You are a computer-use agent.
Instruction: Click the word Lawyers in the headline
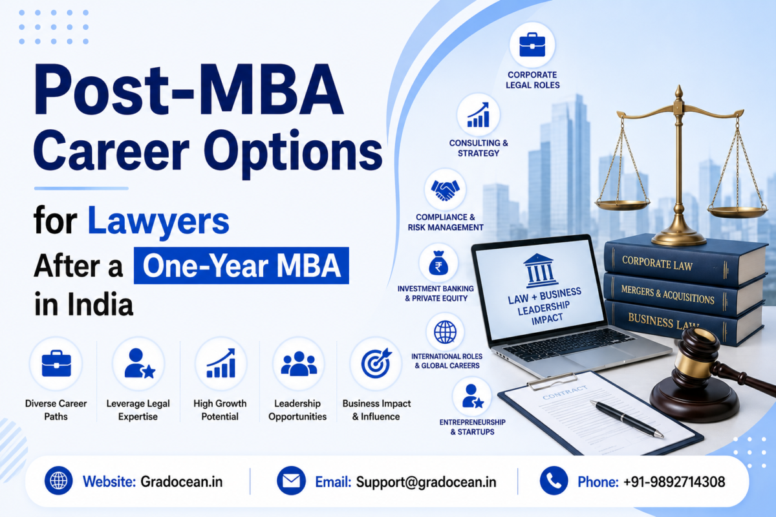tap(158, 222)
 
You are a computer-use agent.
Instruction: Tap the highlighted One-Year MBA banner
tap(241, 266)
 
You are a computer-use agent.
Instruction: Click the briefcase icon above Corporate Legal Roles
tap(532, 45)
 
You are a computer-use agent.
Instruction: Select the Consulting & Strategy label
tap(479, 148)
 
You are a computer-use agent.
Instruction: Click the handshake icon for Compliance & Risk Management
tap(445, 190)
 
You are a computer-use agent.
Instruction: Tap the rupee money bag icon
tap(438, 263)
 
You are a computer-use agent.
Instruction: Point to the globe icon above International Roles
tap(445, 332)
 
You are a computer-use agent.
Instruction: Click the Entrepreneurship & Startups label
tap(472, 427)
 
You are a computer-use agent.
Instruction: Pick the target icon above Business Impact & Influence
tap(376, 363)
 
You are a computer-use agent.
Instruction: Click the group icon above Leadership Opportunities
tap(299, 364)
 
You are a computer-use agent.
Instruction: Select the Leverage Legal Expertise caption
tap(138, 410)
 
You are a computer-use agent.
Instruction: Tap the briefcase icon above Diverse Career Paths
tap(56, 363)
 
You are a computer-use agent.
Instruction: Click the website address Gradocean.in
tap(181, 481)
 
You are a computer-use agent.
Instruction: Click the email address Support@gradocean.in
tap(426, 482)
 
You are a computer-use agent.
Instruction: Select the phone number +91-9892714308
tap(674, 481)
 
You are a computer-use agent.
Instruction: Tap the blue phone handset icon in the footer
tap(554, 481)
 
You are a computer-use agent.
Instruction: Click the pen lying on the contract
tap(627, 419)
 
